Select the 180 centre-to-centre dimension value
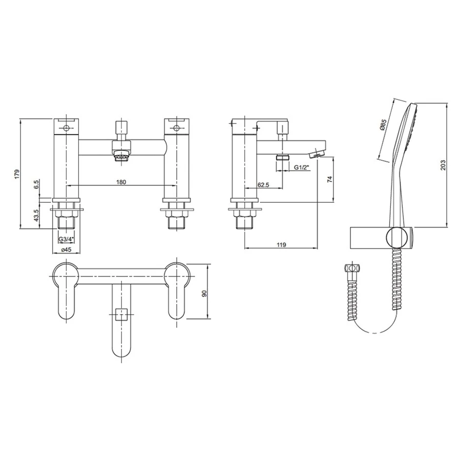[121, 182]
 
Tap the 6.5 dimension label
[36, 184]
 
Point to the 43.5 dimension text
[36, 216]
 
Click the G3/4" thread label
[66, 239]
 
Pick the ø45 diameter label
[66, 249]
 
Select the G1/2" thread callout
[301, 167]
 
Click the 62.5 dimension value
[263, 185]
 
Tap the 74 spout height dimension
[329, 179]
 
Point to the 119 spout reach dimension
[281, 245]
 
